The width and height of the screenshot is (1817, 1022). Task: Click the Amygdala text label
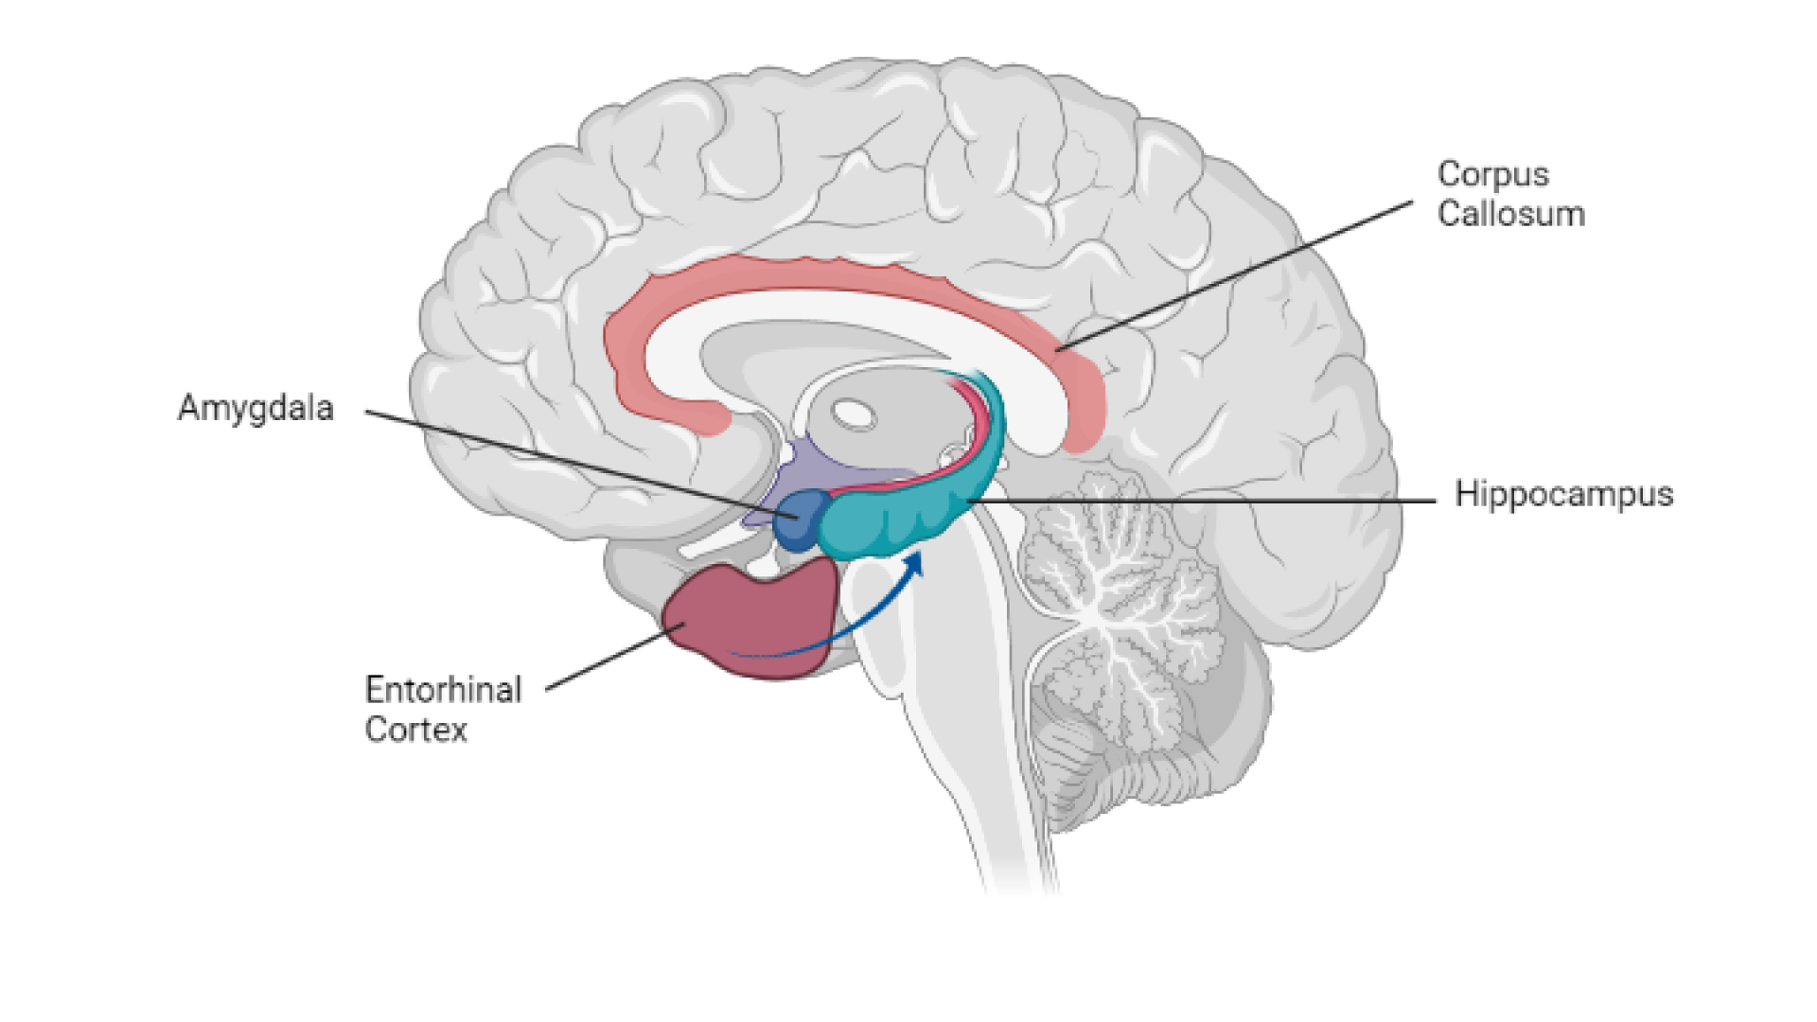pyautogui.click(x=256, y=408)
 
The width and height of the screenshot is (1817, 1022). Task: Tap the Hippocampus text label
pyautogui.click(x=1563, y=494)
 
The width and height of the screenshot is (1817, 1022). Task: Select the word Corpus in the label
pyautogui.click(x=1492, y=174)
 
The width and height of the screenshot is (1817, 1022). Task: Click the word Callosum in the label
pyautogui.click(x=1510, y=214)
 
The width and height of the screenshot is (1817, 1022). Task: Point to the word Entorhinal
pyautogui.click(x=443, y=690)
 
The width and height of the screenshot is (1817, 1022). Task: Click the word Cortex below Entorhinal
pyautogui.click(x=416, y=730)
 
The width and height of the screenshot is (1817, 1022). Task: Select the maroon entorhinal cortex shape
pyautogui.click(x=752, y=620)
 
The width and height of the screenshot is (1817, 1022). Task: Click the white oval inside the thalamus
pyautogui.click(x=854, y=414)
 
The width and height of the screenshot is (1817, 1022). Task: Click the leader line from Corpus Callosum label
pyautogui.click(x=1230, y=274)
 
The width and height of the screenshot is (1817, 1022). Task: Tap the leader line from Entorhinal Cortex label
pyautogui.click(x=606, y=658)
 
